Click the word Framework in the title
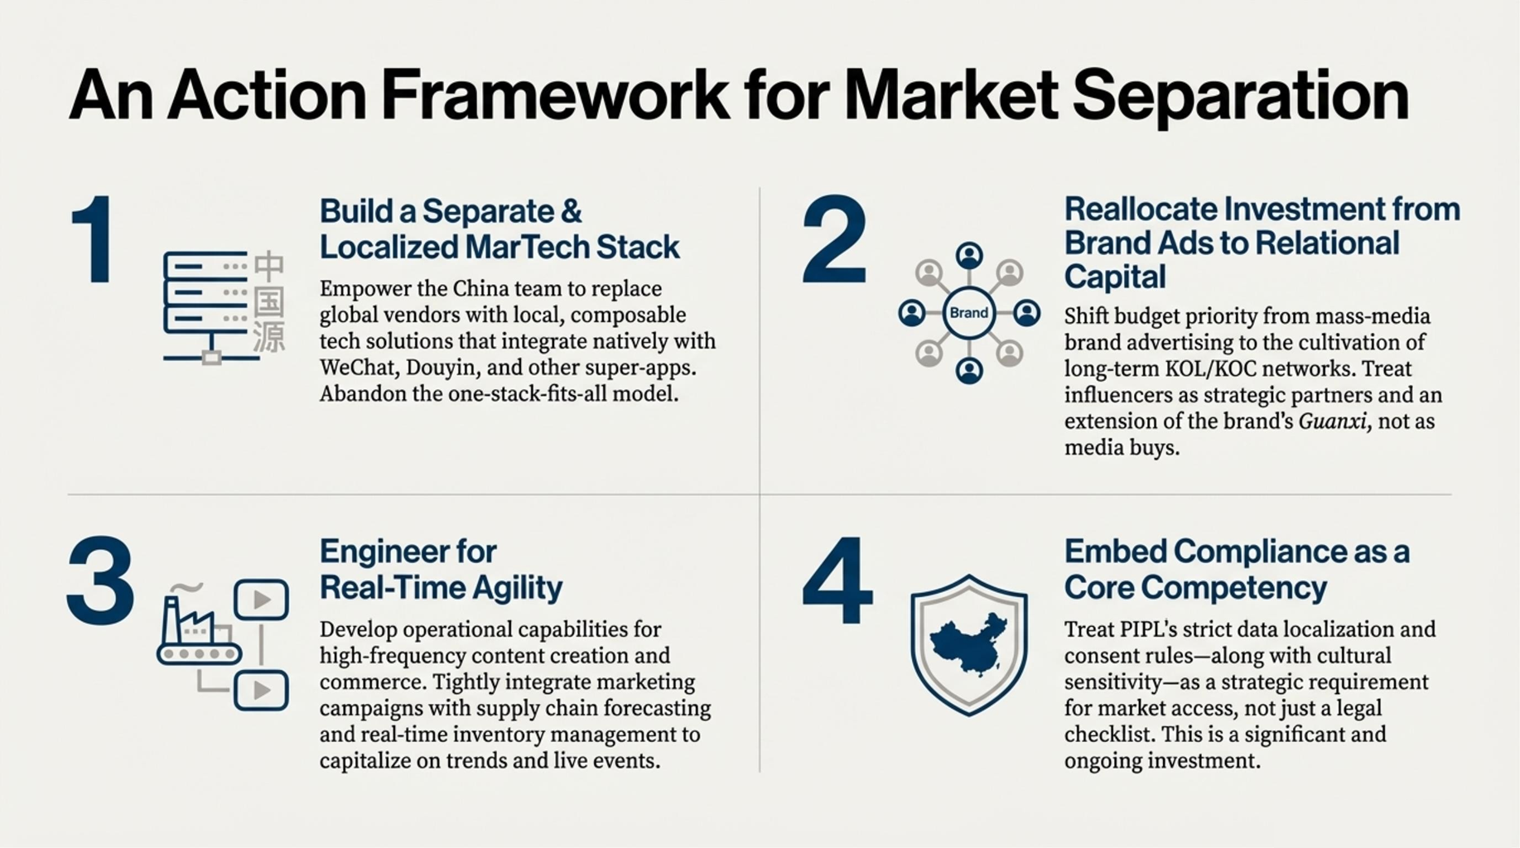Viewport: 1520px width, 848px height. (555, 95)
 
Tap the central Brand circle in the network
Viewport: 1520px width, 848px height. (968, 313)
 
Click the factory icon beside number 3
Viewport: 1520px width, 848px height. (197, 628)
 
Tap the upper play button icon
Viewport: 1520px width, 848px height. (261, 600)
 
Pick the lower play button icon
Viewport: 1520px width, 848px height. (261, 690)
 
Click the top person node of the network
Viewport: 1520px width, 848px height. (969, 256)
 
